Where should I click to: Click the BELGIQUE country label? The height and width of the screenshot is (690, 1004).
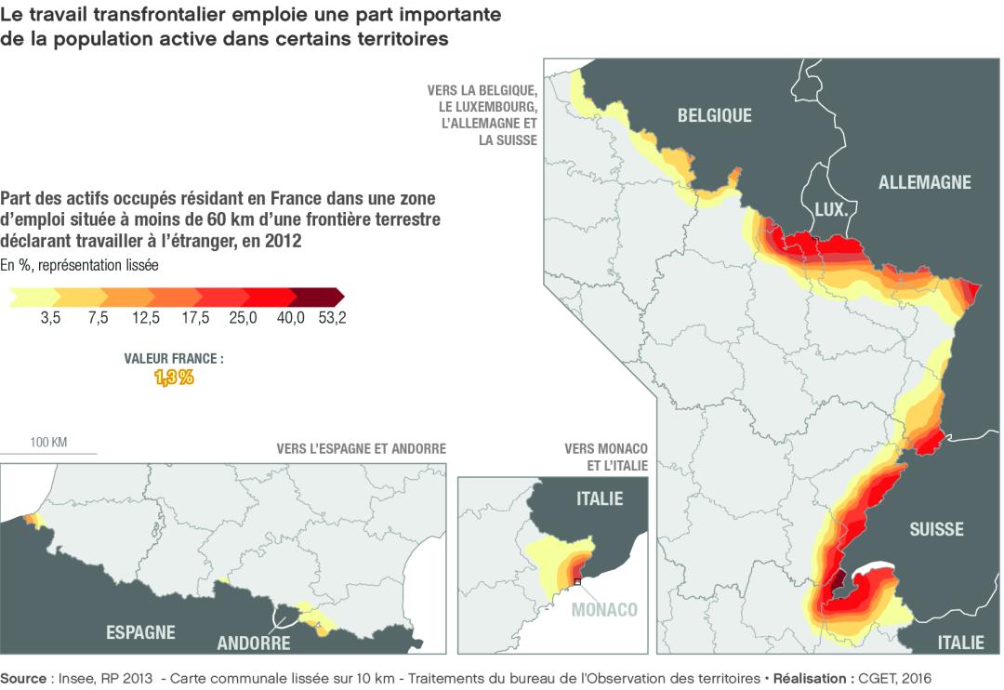point(714,115)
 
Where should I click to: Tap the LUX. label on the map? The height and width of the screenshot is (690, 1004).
point(829,210)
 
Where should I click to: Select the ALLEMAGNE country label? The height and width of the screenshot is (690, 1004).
point(924,182)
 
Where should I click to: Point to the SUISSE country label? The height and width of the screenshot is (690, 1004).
point(936,529)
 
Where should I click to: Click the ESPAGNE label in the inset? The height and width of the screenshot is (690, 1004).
point(140,632)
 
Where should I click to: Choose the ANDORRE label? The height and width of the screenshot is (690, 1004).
point(254,643)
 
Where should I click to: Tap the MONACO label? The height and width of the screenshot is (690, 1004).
point(604,610)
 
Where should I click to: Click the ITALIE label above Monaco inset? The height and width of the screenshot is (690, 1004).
point(600,498)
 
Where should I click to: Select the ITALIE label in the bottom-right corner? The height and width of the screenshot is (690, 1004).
point(960,642)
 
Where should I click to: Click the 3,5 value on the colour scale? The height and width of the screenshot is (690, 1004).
point(50,318)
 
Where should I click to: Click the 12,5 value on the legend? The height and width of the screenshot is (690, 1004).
point(146,318)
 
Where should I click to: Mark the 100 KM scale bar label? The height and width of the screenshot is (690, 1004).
point(48,442)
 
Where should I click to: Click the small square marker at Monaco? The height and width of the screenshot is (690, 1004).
point(577,581)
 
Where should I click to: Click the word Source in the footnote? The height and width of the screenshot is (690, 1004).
point(23,679)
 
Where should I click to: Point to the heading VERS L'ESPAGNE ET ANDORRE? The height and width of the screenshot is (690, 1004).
point(361,448)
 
